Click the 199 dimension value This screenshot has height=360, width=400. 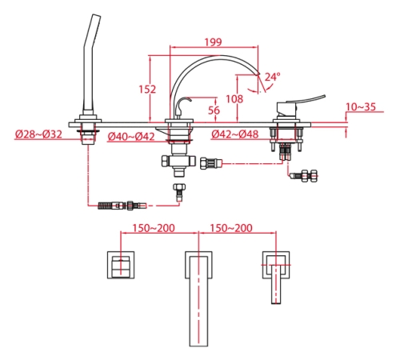click(x=213, y=42)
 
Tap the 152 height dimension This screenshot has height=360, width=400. click(x=147, y=89)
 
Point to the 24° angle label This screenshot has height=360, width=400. click(x=272, y=77)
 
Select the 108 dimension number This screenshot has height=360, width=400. click(x=234, y=99)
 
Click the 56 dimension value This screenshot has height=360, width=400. click(x=214, y=110)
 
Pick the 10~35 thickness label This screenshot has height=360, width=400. click(x=361, y=106)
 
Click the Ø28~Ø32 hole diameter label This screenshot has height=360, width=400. click(x=38, y=134)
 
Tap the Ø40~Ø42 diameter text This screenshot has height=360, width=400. click(x=131, y=137)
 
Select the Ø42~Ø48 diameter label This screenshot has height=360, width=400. click(x=234, y=134)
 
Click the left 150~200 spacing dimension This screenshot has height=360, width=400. click(x=154, y=228)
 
